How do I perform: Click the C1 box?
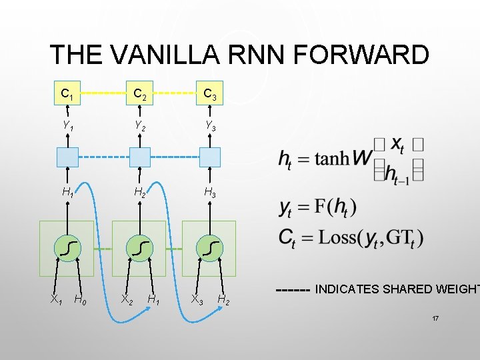pyautogui.click(x=67, y=93)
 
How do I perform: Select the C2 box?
pyautogui.click(x=139, y=93)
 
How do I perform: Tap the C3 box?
pyautogui.click(x=209, y=93)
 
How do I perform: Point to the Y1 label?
pyautogui.click(x=67, y=124)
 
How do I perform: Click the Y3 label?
pyautogui.click(x=209, y=124)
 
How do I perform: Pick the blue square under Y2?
pyautogui.click(x=139, y=157)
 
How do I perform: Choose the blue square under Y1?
pyautogui.click(x=67, y=157)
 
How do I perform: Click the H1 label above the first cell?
pyautogui.click(x=67, y=192)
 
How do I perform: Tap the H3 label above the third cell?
pyautogui.click(x=209, y=192)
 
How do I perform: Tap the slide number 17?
pyautogui.click(x=435, y=319)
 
